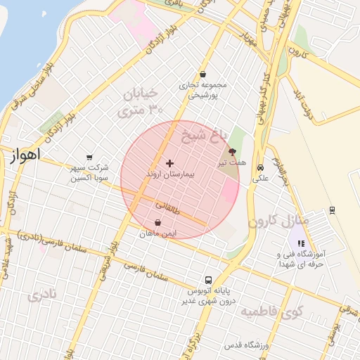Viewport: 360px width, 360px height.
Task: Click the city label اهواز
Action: pos(27,154)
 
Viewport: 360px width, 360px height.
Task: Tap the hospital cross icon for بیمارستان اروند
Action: pos(169,163)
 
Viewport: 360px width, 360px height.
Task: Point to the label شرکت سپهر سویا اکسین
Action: pos(89,173)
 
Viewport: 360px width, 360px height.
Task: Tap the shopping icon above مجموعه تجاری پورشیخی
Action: pos(202,74)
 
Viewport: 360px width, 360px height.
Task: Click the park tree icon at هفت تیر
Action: pos(232,151)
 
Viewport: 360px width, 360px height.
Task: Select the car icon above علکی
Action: pos(261,168)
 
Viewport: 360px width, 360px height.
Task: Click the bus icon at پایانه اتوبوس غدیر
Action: pos(207,279)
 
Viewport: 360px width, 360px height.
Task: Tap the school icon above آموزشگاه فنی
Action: pos(301,243)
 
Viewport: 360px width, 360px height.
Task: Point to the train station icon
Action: pos(332,210)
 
